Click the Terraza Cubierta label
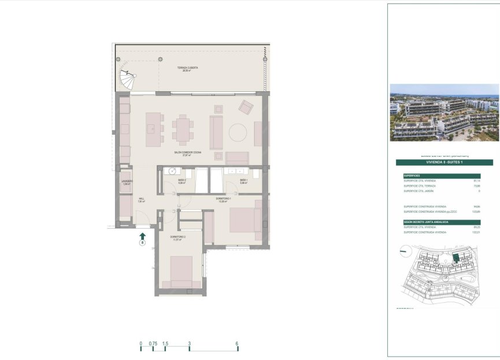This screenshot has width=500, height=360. point(187,68)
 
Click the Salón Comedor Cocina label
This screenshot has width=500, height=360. point(184,153)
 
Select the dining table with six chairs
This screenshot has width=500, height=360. point(183,129)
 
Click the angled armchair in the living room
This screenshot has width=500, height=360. point(246,107)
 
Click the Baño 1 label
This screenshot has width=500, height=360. point(243,181)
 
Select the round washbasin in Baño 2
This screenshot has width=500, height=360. point(172,170)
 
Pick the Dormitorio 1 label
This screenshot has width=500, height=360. point(223,199)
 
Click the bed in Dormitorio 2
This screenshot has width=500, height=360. point(181,271)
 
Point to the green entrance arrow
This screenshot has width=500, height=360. point(142,235)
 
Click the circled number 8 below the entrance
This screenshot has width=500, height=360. point(142,243)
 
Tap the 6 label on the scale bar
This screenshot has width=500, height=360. point(238,343)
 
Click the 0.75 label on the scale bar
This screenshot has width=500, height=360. point(153,343)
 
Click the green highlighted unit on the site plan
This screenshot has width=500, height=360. point(455,258)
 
